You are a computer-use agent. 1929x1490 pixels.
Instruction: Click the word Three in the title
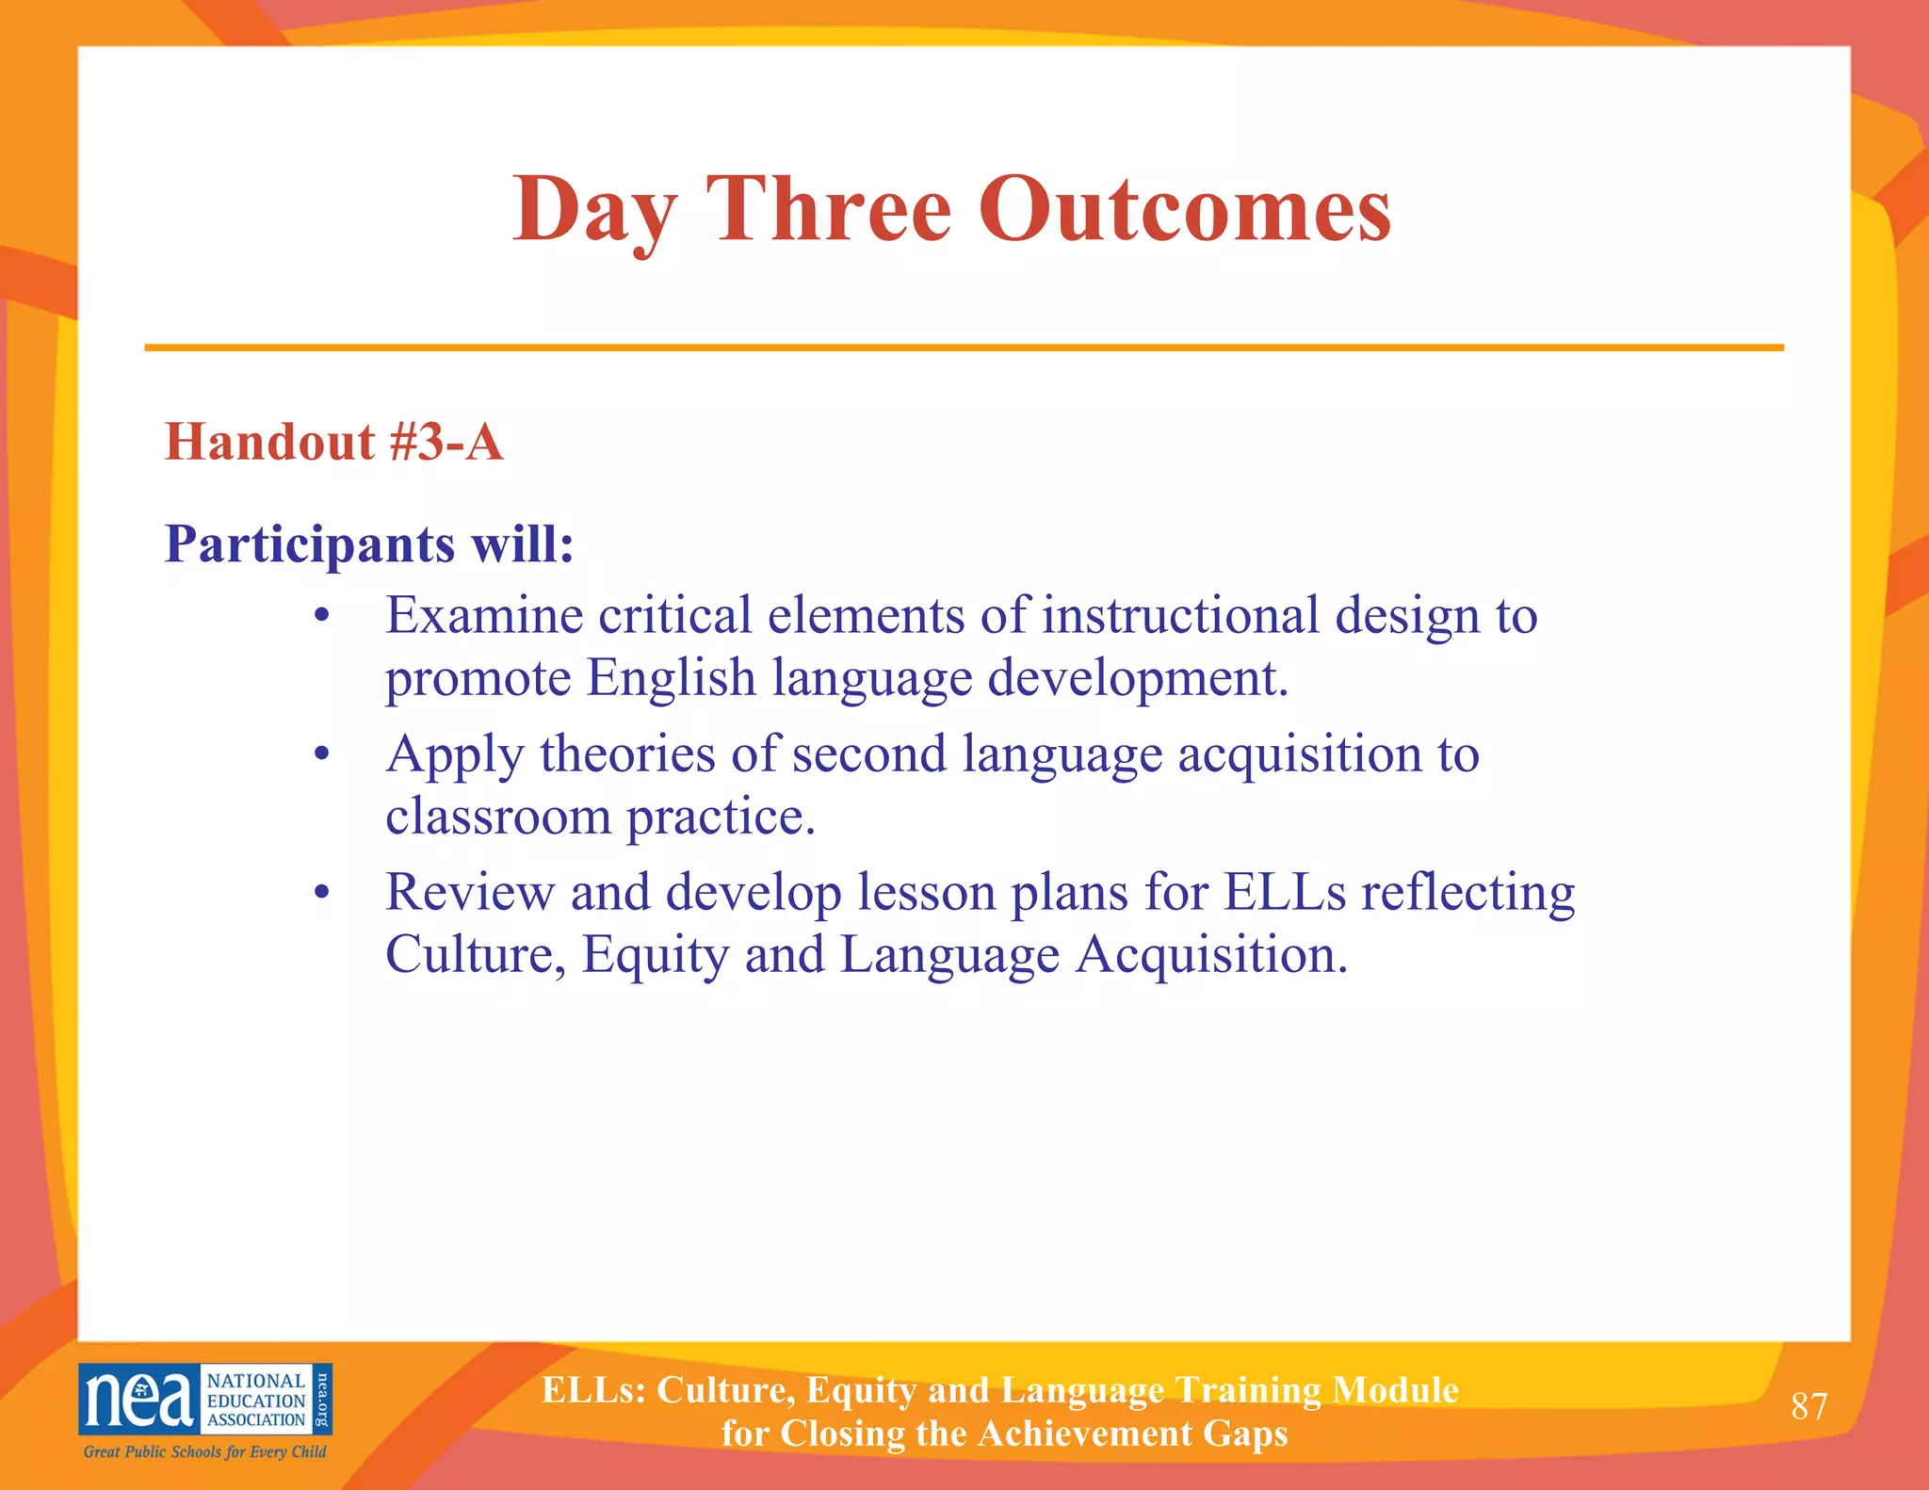829,209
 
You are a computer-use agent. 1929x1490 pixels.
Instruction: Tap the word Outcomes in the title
1184,209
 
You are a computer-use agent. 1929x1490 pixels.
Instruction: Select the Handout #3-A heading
334,441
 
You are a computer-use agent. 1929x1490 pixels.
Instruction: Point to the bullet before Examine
322,617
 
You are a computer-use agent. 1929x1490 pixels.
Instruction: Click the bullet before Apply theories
322,755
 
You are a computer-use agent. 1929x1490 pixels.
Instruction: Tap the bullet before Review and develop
322,893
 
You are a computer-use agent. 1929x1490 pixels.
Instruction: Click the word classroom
498,817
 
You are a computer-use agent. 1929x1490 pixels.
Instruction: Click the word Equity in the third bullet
656,955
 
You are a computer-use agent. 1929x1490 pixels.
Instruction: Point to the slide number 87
1808,1406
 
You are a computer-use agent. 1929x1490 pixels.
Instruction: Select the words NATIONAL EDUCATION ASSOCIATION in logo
256,1401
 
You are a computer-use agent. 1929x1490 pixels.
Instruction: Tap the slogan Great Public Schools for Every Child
204,1451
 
